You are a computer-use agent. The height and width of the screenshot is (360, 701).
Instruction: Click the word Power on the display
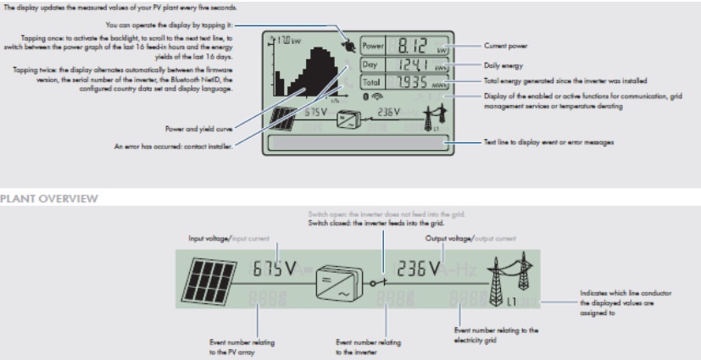(x=373, y=46)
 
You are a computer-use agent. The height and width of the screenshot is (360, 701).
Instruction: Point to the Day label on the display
(x=371, y=64)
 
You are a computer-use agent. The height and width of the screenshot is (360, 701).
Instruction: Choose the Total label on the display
(x=373, y=82)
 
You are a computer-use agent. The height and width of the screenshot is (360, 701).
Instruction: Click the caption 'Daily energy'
(x=501, y=64)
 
